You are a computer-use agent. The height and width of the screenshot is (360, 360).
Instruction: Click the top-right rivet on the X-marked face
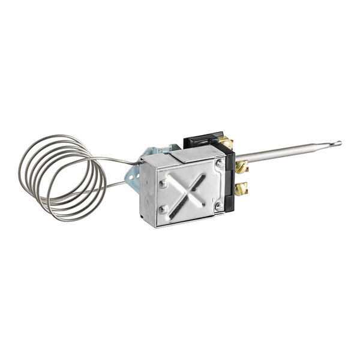pyautogui.click(x=220, y=163)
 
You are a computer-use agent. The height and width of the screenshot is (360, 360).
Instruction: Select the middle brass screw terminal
pyautogui.click(x=241, y=166)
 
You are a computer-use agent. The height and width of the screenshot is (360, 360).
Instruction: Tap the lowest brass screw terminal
pyautogui.click(x=241, y=189)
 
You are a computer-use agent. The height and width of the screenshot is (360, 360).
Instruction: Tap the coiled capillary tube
pyautogui.click(x=60, y=178)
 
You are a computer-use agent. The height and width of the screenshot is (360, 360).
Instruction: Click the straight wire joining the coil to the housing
pyautogui.click(x=123, y=159)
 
